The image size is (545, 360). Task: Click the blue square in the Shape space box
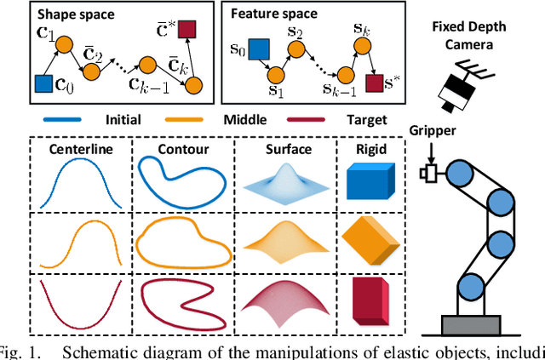pos(43,83)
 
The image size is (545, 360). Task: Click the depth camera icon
pos(460,85)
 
